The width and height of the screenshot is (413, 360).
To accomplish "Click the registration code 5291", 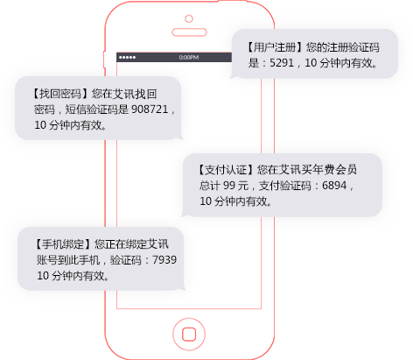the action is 282,63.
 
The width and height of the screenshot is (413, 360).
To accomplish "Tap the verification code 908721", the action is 150,109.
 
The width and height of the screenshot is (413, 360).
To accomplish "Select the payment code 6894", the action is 334,185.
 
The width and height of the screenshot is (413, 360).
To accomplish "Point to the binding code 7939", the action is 164,259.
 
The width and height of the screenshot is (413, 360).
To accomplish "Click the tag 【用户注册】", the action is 276,47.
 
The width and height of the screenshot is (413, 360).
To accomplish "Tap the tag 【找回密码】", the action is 60,94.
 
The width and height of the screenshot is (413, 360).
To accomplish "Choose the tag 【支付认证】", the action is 226,170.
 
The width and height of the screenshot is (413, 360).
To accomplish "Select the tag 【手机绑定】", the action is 63,244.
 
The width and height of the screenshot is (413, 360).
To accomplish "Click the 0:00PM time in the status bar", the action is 189,57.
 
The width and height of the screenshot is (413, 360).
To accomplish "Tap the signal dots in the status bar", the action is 127,57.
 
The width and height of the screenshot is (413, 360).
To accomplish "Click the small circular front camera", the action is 189,18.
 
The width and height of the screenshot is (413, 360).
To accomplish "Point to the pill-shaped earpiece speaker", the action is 189,32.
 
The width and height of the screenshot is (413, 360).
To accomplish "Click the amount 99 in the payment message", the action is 229,185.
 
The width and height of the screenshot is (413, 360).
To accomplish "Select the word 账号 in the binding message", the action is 47,259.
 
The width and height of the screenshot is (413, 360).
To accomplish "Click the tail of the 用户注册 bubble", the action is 234,76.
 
